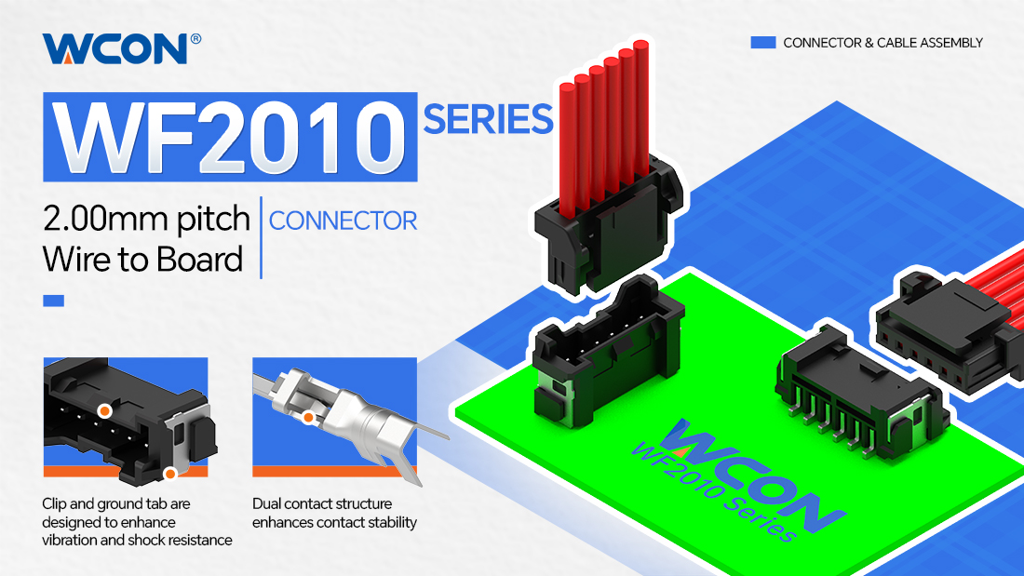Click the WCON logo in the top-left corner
(x=115, y=49)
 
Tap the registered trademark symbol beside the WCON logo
(x=195, y=39)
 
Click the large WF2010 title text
(x=230, y=138)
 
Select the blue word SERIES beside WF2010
(x=488, y=119)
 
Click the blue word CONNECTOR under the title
(x=343, y=221)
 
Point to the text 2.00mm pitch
(x=146, y=218)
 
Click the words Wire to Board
(x=142, y=260)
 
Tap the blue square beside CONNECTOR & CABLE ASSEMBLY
(x=762, y=43)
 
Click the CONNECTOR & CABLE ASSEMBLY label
(x=883, y=43)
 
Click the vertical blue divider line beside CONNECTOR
(x=262, y=237)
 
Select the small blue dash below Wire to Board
(x=54, y=301)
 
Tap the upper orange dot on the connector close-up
(x=104, y=410)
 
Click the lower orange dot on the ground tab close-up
(x=169, y=473)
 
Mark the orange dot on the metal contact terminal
(x=308, y=417)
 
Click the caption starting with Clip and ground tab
(x=137, y=522)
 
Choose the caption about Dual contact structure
(x=334, y=513)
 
